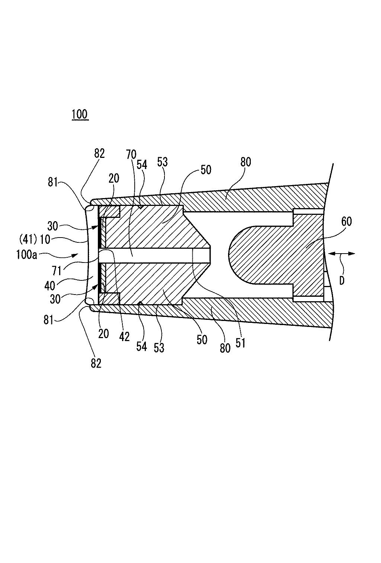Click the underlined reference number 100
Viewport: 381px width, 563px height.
80,114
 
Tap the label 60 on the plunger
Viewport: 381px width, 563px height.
346,222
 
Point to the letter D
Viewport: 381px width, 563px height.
342,280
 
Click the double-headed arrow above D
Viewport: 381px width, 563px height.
342,254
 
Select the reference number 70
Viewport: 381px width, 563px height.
131,154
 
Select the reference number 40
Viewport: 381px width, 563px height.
50,286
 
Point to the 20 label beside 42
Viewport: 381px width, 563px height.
103,333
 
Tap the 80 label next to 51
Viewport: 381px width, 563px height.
225,348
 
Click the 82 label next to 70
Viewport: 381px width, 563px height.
99,153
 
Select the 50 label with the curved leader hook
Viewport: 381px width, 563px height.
206,169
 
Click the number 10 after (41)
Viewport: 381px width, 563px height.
45,239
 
